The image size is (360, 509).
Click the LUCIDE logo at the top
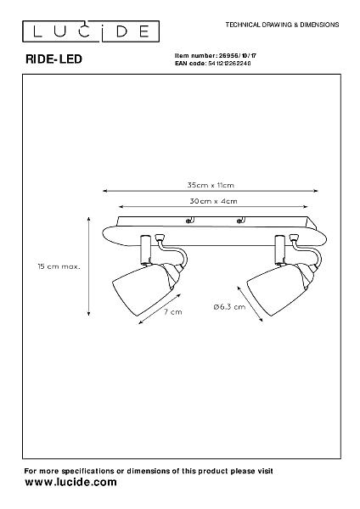pyautogui.click(x=91, y=31)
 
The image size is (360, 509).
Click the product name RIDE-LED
pyautogui.click(x=53, y=59)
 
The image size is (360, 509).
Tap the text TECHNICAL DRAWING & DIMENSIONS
pyautogui.click(x=282, y=25)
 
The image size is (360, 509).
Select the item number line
pyautogui.click(x=216, y=55)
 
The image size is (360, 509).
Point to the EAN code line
pyautogui.click(x=213, y=64)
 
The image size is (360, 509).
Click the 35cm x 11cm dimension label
pyautogui.click(x=211, y=185)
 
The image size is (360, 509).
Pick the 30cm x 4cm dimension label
pyautogui.click(x=213, y=201)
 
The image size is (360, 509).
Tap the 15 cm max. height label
pyautogui.click(x=59, y=266)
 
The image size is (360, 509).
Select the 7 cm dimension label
pyautogui.click(x=173, y=312)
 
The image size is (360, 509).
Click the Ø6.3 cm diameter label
pyautogui.click(x=230, y=307)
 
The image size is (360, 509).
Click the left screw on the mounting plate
pyautogui.click(x=188, y=221)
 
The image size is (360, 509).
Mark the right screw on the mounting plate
pyautogui.click(x=239, y=221)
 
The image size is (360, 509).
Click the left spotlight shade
pyautogui.click(x=141, y=289)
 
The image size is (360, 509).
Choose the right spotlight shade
pyautogui.click(x=277, y=289)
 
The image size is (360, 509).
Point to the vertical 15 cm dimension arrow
pyautogui.click(x=88, y=266)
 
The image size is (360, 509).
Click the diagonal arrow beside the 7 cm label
pyautogui.click(x=160, y=309)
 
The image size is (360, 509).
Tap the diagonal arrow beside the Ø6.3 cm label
pyautogui.click(x=250, y=304)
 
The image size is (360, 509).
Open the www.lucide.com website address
pyautogui.click(x=70, y=482)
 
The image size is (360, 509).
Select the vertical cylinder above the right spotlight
pyautogui.click(x=279, y=249)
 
